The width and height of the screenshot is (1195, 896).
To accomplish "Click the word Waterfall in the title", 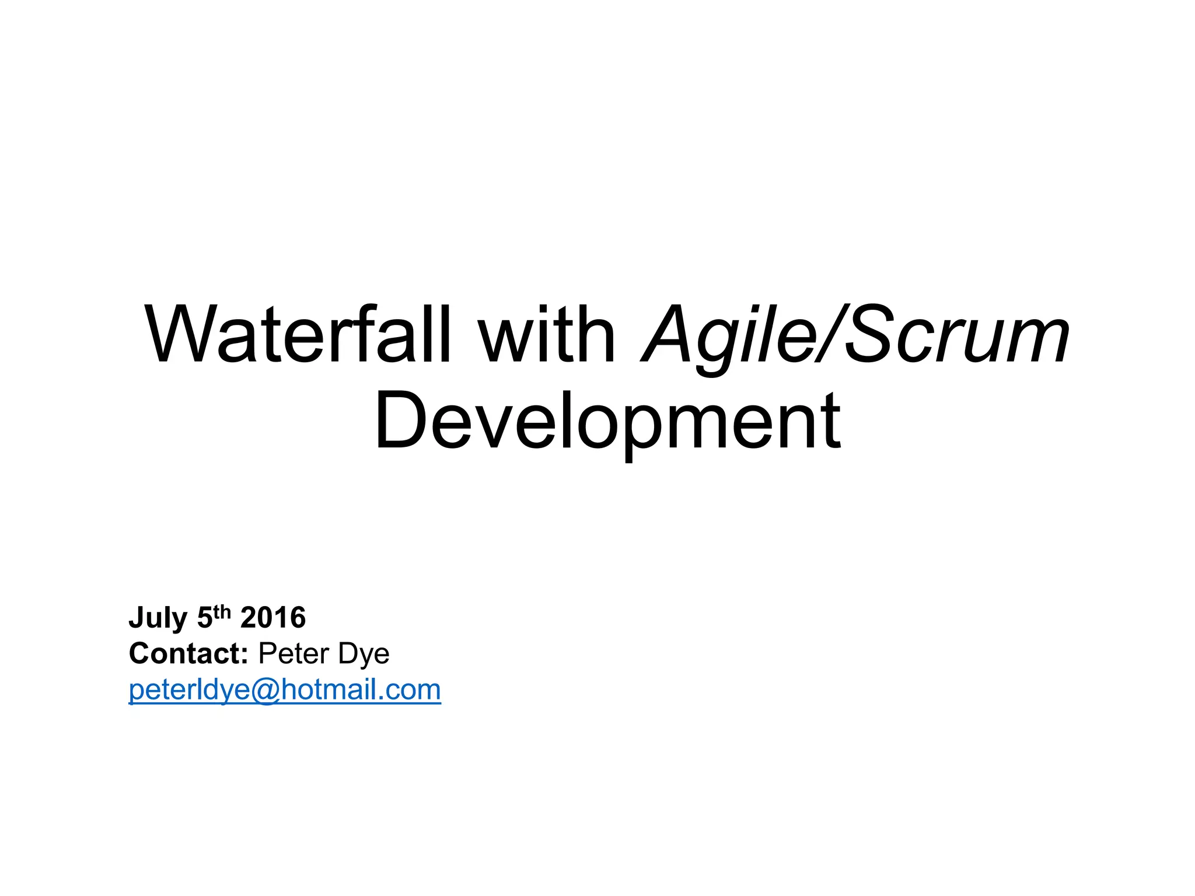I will pos(298,335).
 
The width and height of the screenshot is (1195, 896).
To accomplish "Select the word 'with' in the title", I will pos(547,335).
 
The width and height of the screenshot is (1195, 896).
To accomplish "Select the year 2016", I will pos(273,618).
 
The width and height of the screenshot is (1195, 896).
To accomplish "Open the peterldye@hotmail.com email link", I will pos(285,690).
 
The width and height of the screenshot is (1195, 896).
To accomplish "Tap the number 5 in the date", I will pos(205,618).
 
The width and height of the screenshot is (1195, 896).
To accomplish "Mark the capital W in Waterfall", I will pos(175,335).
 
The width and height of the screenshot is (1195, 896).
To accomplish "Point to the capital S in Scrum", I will pos(870,335).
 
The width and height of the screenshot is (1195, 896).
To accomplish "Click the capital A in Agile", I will pos(668,335).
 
